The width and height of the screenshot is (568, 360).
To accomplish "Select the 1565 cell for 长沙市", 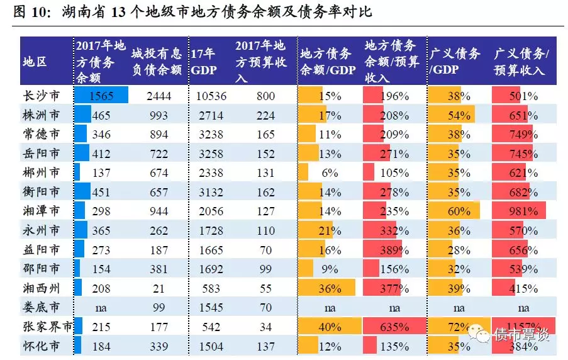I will click(x=101, y=96).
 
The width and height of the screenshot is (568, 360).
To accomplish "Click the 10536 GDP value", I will click(x=211, y=96).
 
